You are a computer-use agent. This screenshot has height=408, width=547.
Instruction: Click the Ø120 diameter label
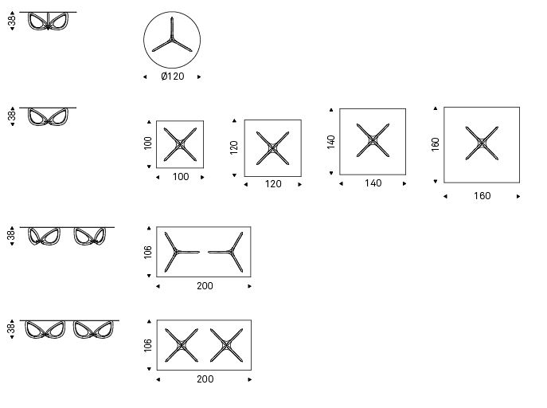tap(173, 76)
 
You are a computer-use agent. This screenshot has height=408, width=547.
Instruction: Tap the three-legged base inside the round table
tap(172, 39)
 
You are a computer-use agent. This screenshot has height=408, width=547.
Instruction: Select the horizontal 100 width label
tap(181, 177)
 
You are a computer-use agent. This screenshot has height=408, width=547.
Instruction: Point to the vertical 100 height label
tap(148, 143)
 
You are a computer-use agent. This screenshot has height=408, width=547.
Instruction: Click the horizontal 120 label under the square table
tap(273, 184)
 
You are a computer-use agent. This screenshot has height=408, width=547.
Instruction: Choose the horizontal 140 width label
tap(373, 183)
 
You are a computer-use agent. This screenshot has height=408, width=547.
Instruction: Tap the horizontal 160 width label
tap(483, 196)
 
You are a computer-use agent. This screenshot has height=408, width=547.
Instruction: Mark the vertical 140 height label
tap(331, 142)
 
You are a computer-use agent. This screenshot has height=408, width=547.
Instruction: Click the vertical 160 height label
tap(435, 144)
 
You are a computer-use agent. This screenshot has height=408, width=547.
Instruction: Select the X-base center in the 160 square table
tap(482, 143)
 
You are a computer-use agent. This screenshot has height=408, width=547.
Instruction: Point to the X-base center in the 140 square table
tap(373, 140)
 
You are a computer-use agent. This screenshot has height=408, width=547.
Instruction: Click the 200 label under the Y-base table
tap(205, 286)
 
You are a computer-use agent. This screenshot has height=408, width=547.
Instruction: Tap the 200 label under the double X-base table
tap(205, 379)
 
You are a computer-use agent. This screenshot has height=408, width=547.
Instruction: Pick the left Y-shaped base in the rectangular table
tap(177, 252)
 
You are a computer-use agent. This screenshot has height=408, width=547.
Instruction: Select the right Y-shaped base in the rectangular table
tap(230, 252)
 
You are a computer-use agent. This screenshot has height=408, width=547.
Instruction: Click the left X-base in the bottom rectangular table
tap(182, 345)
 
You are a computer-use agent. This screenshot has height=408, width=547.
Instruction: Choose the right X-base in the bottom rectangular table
tap(226, 345)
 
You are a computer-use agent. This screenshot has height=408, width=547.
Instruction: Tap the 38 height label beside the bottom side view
tap(11, 329)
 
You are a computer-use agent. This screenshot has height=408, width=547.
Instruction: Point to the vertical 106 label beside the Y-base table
tap(148, 253)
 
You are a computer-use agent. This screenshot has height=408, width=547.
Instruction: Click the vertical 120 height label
tap(234, 147)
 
